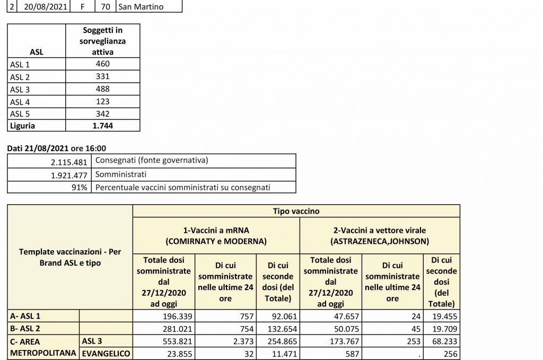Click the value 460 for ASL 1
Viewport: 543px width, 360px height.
[103, 64]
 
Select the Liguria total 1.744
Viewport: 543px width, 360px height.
[103, 126]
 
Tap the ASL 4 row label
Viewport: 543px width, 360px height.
[21, 101]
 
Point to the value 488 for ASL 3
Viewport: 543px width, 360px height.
[103, 89]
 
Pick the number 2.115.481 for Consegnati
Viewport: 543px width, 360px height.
[64, 161]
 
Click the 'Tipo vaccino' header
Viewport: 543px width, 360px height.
[295, 210]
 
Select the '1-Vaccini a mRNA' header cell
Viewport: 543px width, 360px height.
[216, 235]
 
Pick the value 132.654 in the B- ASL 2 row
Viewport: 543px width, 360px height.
[278, 328]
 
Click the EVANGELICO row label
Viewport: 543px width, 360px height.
[106, 353]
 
